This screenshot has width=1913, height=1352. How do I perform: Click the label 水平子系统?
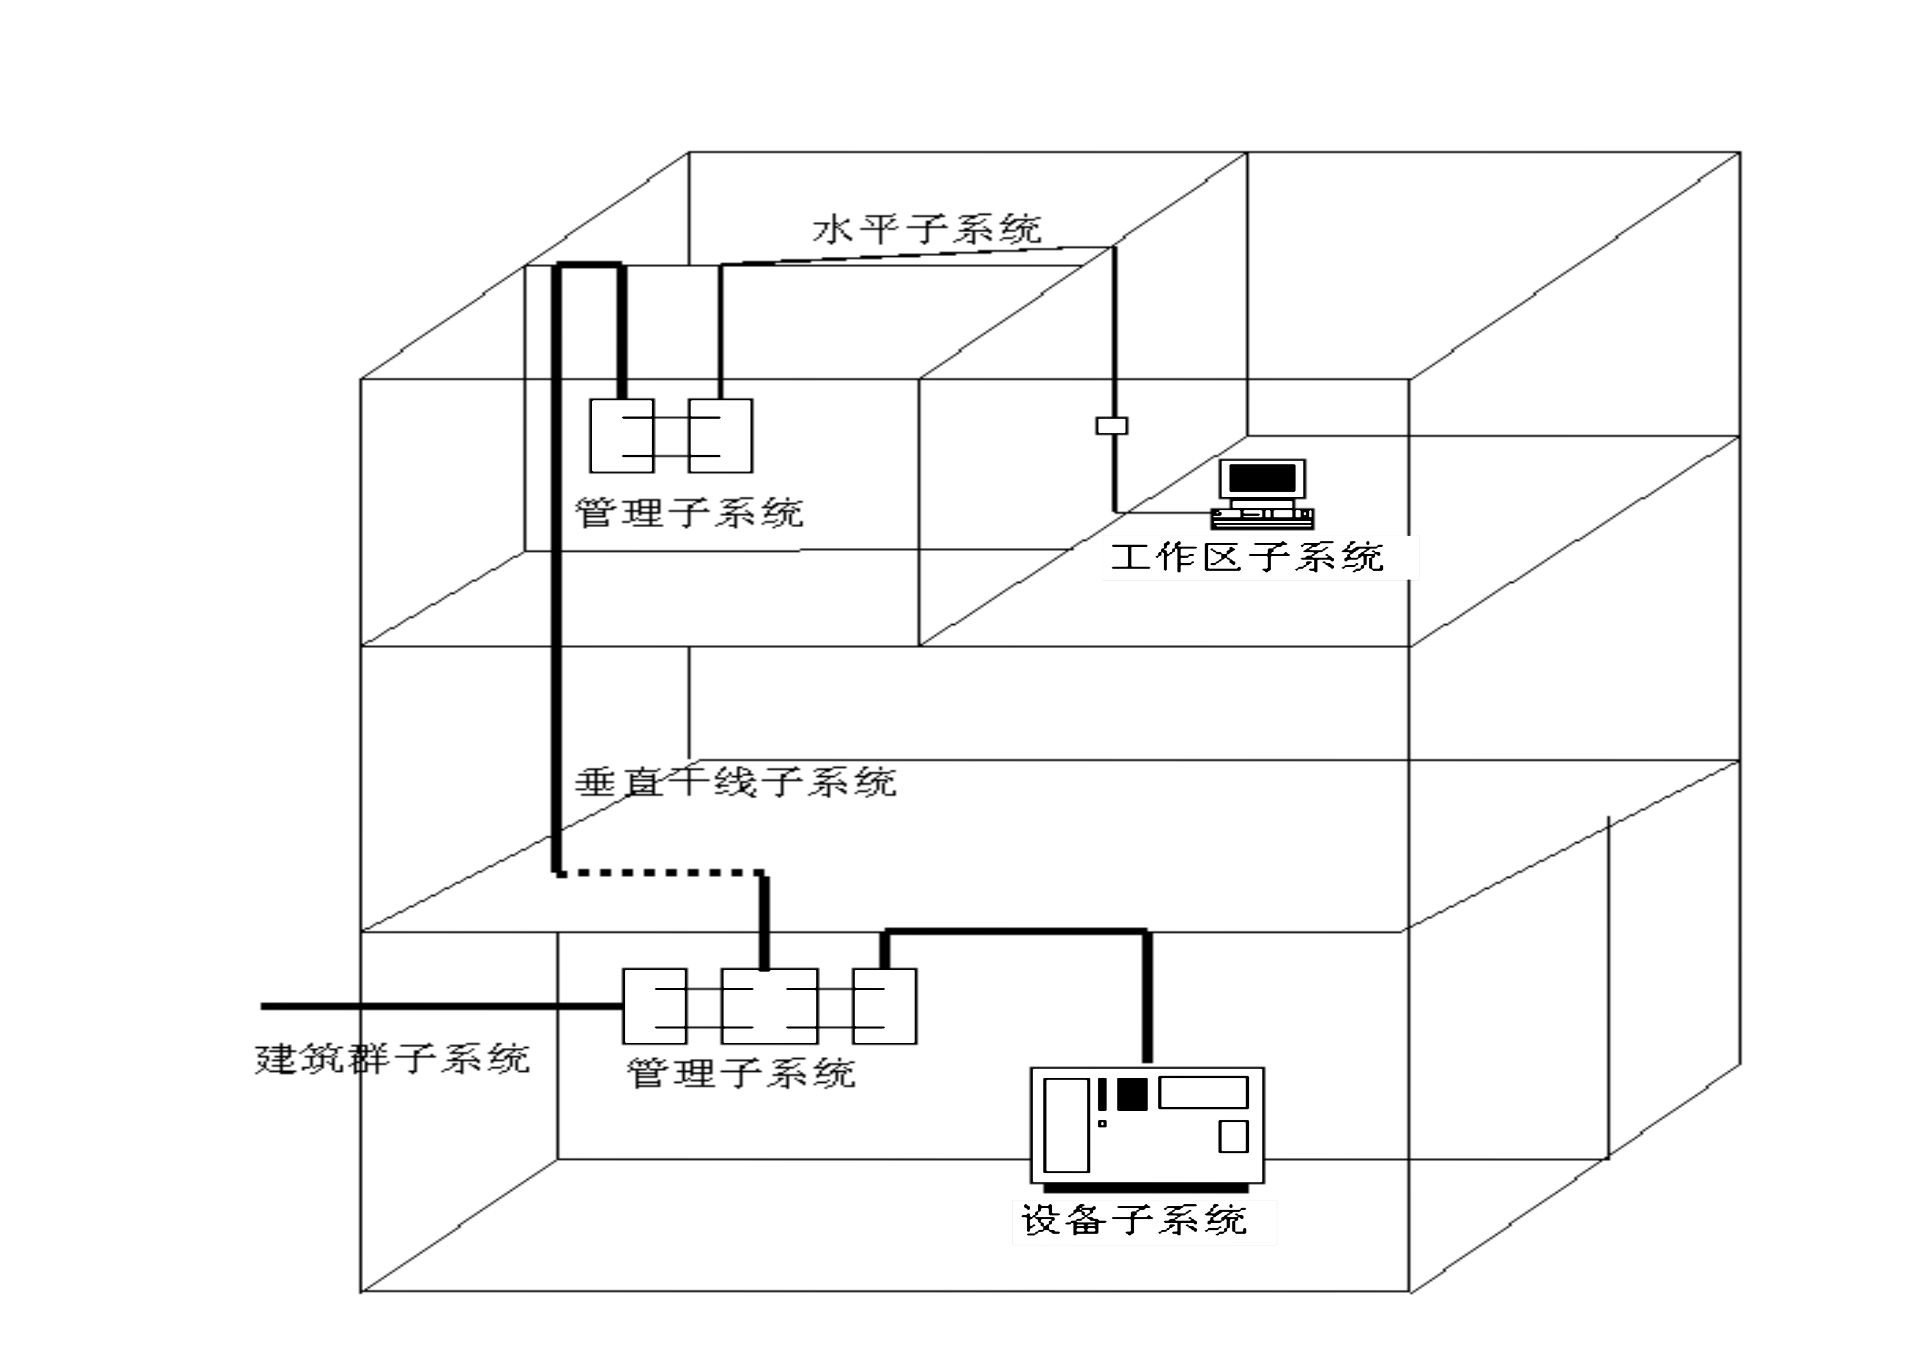(927, 229)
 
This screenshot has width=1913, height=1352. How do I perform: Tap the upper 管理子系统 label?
(689, 512)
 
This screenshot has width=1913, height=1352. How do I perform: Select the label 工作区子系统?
(1247, 557)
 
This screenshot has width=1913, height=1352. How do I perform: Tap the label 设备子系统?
(1134, 1221)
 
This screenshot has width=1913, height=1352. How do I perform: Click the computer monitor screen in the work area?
(1262, 478)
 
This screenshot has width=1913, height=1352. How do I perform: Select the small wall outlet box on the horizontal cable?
(1111, 426)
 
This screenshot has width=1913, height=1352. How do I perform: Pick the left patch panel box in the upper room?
(622, 436)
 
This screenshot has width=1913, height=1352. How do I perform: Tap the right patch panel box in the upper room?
(720, 436)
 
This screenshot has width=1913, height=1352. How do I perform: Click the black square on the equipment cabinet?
(1132, 1094)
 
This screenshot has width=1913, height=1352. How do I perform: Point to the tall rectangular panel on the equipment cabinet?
(1067, 1125)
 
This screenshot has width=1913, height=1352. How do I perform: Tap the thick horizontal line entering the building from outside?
(442, 1005)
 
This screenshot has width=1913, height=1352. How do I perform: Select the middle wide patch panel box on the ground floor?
(769, 1005)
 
